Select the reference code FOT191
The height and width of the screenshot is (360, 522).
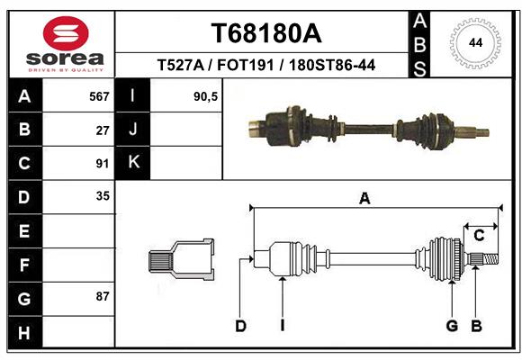247,65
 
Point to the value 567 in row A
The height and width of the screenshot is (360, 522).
99,96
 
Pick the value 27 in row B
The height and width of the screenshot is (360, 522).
102,130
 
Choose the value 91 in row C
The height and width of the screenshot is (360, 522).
102,163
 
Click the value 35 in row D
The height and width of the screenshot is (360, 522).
102,195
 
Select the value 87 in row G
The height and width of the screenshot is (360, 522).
102,296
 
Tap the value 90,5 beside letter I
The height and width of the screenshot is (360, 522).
206,96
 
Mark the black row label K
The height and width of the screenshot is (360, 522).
133,163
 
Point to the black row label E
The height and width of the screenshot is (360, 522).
23,230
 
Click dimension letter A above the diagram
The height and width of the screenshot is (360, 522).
364,199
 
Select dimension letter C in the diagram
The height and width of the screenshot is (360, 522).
479,236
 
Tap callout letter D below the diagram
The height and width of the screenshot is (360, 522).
240,326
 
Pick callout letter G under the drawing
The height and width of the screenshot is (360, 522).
452,326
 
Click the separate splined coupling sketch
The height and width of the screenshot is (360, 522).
181,260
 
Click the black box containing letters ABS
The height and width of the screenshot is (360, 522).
418,43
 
